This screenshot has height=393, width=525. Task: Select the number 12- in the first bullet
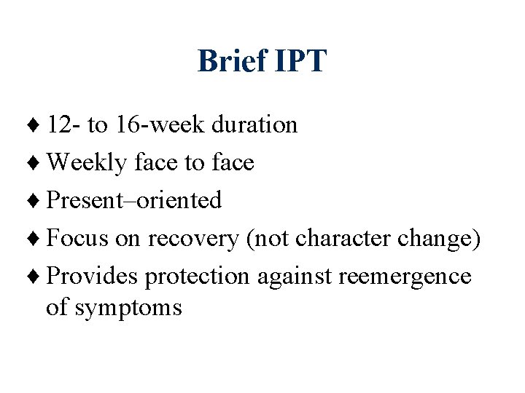tap(63, 124)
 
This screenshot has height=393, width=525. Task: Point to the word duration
tap(254, 124)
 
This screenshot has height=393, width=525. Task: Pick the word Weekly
tap(87, 163)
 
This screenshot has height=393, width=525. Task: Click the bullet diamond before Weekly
tap(39, 163)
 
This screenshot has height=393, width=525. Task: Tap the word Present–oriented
tap(134, 200)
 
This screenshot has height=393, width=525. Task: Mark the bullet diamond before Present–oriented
tap(39, 201)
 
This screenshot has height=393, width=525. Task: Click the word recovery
tap(192, 239)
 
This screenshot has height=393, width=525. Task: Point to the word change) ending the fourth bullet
tap(440, 238)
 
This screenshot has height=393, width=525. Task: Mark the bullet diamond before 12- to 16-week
tap(39, 125)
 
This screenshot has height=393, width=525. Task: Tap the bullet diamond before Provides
tap(39, 277)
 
